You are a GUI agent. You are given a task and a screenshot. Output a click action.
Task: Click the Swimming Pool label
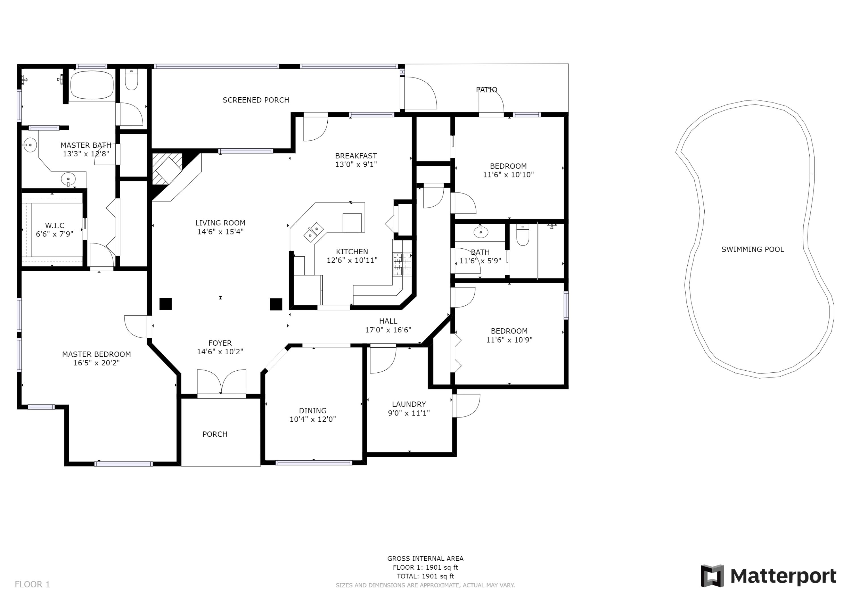click(752, 249)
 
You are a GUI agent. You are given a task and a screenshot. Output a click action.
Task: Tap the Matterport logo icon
click(712, 576)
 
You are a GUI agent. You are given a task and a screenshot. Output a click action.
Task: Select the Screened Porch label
click(256, 100)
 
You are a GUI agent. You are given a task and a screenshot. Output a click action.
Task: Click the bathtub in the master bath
click(92, 85)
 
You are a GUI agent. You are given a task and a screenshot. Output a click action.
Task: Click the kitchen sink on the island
click(313, 232)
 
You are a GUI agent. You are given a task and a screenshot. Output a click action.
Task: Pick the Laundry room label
click(409, 404)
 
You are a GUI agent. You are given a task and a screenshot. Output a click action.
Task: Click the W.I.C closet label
click(54, 225)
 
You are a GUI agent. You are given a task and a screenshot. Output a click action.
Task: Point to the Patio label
click(486, 89)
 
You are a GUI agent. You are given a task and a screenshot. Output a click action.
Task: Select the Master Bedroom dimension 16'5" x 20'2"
click(96, 363)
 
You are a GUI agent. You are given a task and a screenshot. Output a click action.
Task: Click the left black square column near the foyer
click(165, 304)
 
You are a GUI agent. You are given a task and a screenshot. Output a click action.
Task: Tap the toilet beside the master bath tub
click(131, 79)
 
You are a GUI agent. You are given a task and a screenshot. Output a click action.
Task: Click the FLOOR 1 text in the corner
click(32, 584)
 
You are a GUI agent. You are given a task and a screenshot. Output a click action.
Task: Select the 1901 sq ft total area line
click(425, 576)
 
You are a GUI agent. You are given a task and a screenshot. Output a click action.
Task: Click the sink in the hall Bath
click(481, 232)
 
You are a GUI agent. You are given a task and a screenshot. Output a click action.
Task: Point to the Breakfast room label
click(356, 156)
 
